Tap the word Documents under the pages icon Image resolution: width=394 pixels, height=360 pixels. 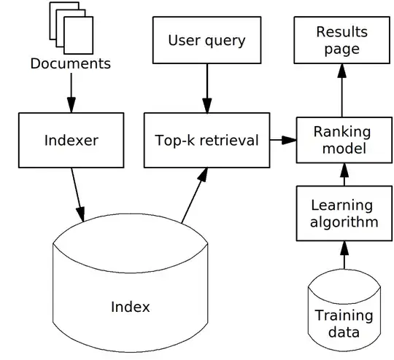[70, 63]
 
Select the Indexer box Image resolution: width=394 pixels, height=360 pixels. [71, 139]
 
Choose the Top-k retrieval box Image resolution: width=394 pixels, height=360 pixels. [206, 140]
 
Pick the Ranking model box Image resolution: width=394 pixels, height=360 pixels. [341, 140]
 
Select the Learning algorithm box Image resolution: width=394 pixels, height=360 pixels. [341, 213]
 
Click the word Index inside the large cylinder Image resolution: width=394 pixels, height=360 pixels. [131, 307]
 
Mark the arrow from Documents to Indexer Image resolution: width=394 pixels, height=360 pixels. [70, 91]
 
